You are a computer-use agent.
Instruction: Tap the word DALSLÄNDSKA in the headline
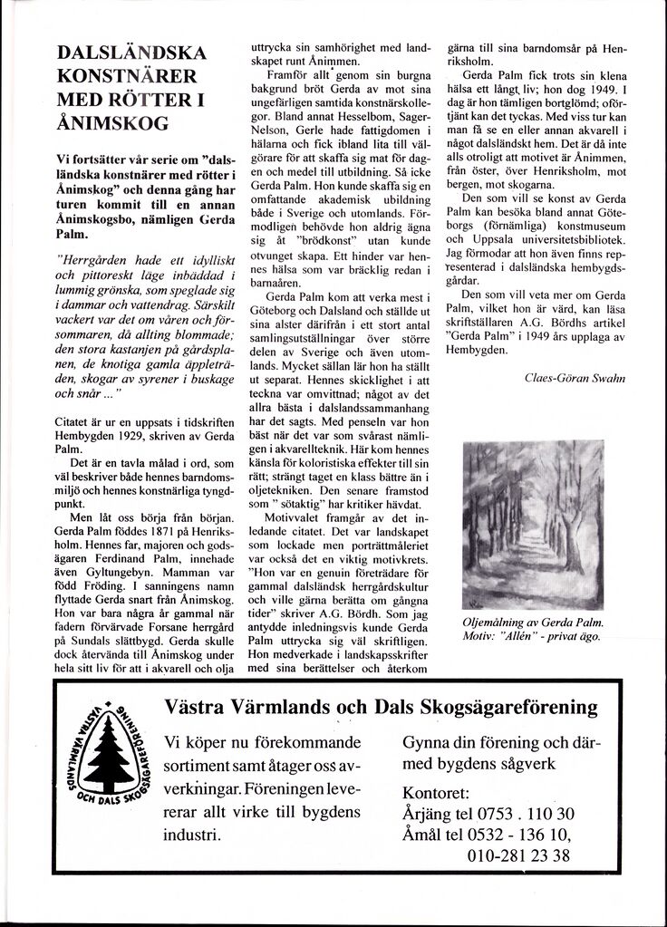(x=131, y=51)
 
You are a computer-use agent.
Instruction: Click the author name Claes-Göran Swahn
(x=575, y=378)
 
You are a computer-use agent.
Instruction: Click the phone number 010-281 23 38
(x=519, y=855)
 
